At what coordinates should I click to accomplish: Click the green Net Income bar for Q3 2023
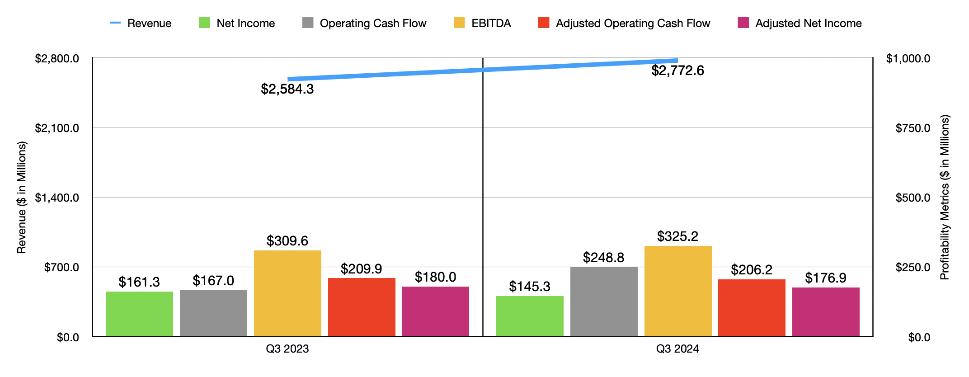click(139, 314)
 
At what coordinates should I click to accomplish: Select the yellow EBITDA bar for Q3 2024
click(678, 291)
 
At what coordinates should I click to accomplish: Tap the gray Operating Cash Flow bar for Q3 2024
click(604, 302)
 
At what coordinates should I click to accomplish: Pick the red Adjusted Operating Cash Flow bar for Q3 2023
click(362, 307)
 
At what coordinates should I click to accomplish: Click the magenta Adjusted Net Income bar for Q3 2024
click(826, 312)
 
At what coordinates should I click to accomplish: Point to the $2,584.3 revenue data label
click(287, 89)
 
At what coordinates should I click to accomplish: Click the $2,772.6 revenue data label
click(677, 71)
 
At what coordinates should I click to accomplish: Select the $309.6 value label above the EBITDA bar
click(287, 240)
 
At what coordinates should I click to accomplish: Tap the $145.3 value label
click(530, 286)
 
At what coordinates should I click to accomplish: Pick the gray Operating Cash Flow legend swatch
click(308, 23)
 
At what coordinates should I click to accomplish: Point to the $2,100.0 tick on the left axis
click(57, 128)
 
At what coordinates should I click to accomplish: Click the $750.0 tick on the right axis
click(913, 128)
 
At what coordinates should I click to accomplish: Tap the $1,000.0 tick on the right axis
click(908, 58)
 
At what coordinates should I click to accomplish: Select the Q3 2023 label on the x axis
click(287, 349)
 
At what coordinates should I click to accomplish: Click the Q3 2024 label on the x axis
click(677, 349)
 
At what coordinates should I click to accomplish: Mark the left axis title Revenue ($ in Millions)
click(22, 198)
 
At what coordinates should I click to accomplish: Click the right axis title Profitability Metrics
click(945, 198)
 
